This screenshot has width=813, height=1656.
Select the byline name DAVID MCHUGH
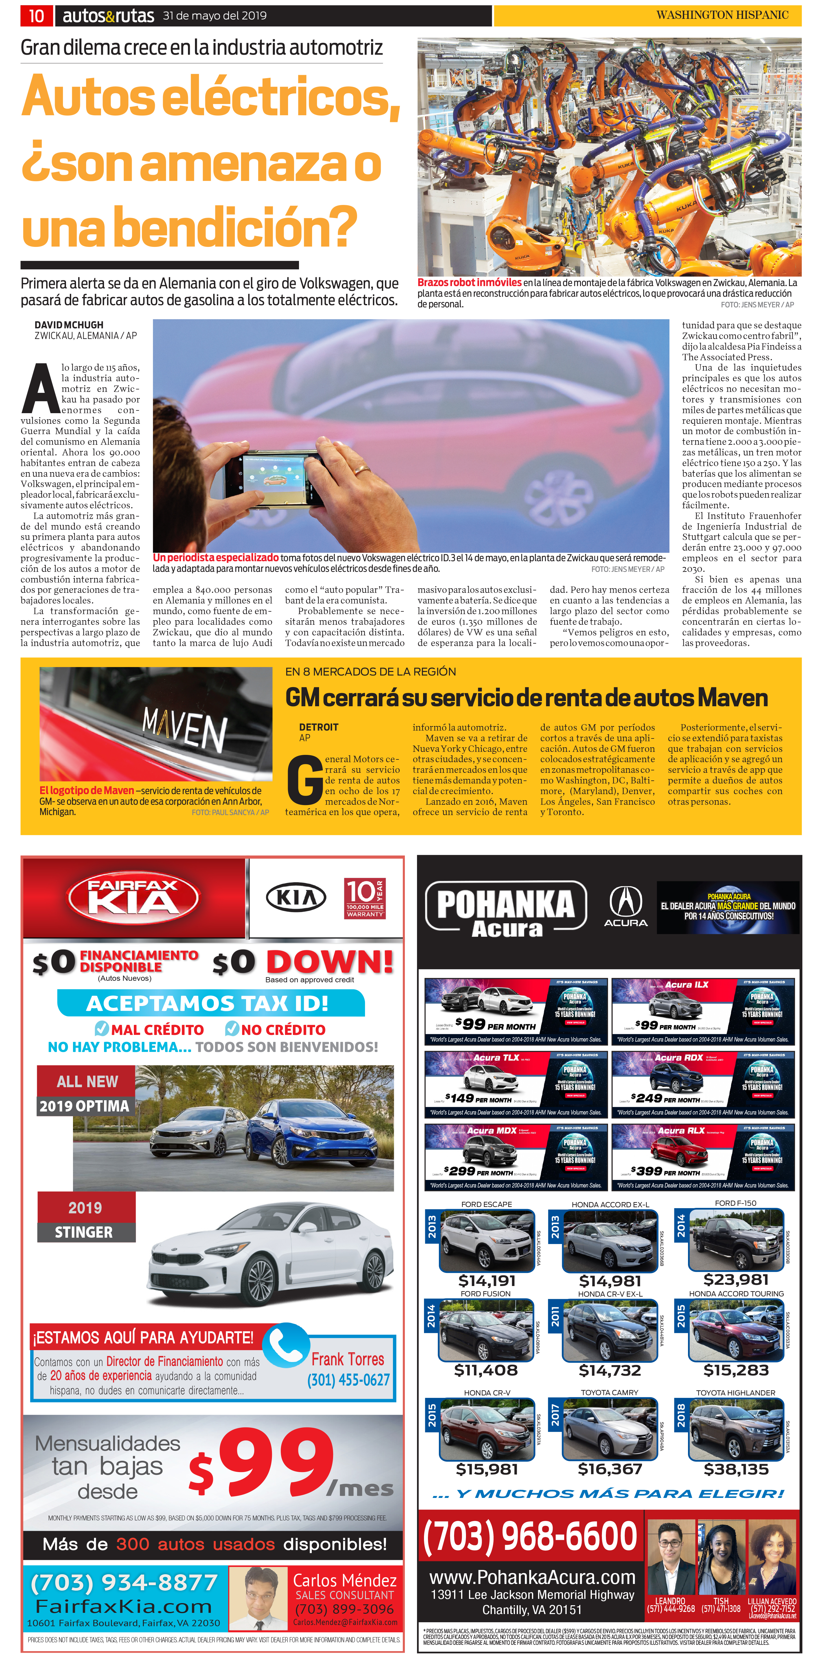(x=69, y=325)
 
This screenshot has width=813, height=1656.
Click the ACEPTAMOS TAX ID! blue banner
(x=210, y=1003)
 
